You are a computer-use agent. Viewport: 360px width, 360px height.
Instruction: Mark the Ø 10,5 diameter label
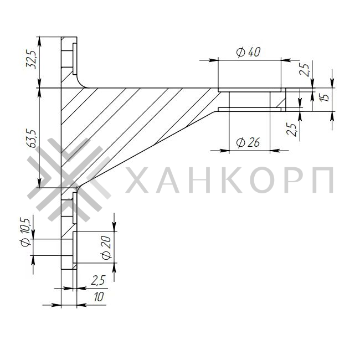(25, 235)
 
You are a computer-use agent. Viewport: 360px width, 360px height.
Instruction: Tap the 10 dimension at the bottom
(99, 297)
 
